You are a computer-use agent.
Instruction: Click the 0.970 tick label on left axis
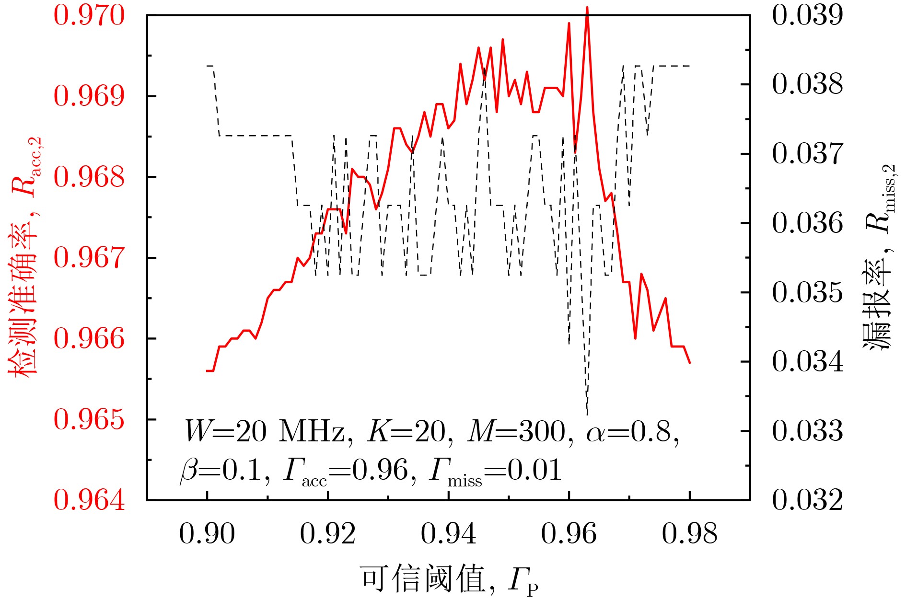click(89, 15)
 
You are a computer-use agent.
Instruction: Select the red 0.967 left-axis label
click(89, 258)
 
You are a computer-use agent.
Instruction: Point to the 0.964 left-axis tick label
click(89, 500)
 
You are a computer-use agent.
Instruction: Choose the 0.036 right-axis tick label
click(807, 223)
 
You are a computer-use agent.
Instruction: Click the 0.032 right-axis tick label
click(807, 500)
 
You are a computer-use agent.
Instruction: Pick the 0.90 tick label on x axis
click(207, 533)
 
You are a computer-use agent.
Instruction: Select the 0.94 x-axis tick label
click(449, 533)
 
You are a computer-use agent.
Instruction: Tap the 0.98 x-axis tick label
click(690, 533)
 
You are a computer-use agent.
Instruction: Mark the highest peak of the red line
click(587, 8)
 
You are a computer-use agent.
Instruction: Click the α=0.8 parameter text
click(632, 432)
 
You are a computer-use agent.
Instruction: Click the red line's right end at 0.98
click(690, 363)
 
